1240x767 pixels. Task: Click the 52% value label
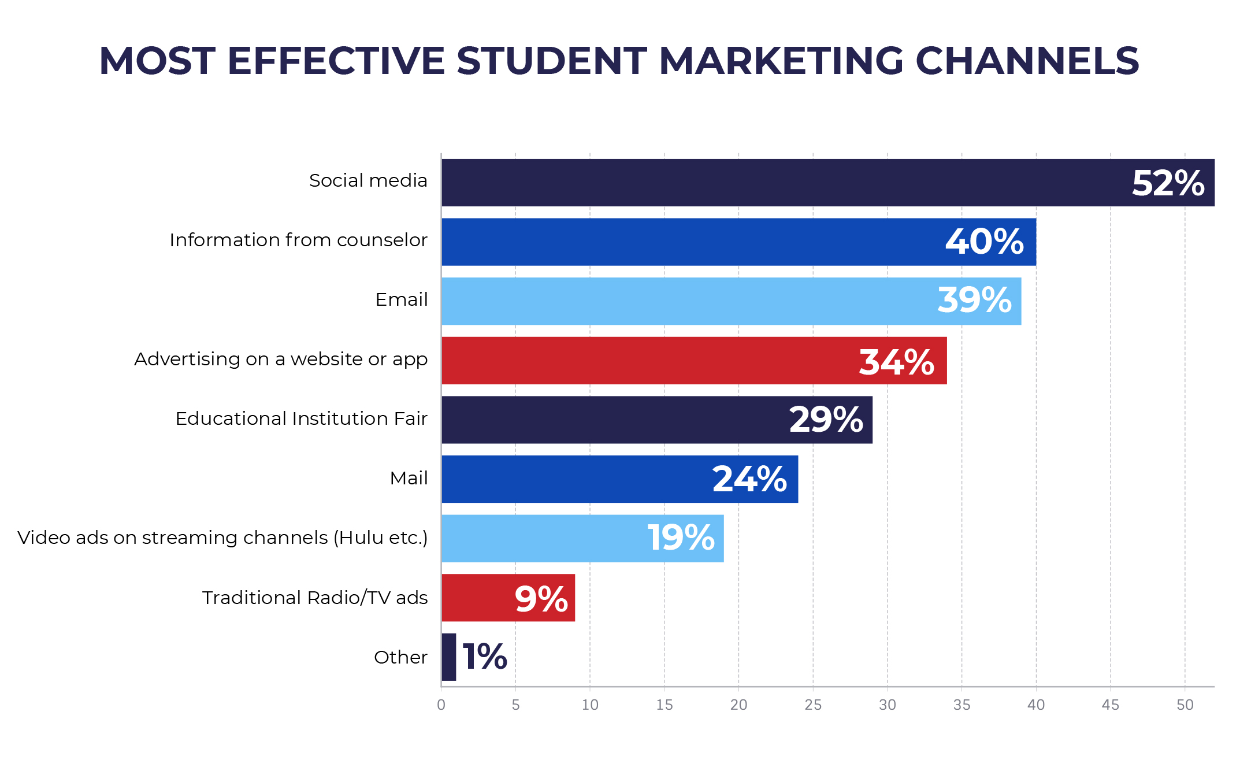[x=1167, y=183]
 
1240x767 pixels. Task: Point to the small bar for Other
[x=449, y=657]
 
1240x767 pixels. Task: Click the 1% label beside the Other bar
[x=485, y=657]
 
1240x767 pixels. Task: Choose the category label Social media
[x=368, y=181]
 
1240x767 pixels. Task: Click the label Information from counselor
[x=298, y=240]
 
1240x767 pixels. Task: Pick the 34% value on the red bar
[x=896, y=362]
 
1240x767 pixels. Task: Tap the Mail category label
[x=409, y=479]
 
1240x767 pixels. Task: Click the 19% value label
[x=681, y=538]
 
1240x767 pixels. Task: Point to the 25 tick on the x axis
[x=813, y=705]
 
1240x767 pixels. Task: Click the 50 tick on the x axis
[x=1185, y=705]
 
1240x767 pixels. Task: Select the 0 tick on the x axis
[x=441, y=705]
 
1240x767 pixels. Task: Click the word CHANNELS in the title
[x=1027, y=61]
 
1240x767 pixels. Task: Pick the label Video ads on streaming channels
[x=222, y=538]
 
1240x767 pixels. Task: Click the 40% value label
[x=984, y=242]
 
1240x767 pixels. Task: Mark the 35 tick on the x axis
[x=961, y=705]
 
